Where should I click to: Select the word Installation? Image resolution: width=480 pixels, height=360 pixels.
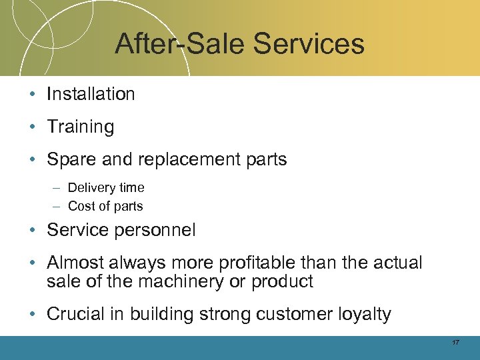coord(91,94)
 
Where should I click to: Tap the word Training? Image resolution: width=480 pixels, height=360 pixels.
coord(81,127)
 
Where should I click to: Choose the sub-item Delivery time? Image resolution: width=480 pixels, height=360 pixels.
coord(106,188)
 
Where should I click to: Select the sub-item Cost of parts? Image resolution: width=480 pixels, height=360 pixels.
coord(105,206)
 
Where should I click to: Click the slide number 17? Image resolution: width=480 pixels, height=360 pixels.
coord(455,343)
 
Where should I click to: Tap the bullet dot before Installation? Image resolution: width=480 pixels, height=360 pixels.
coord(33,95)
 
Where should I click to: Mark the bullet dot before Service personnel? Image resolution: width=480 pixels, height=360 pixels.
coord(33,231)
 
